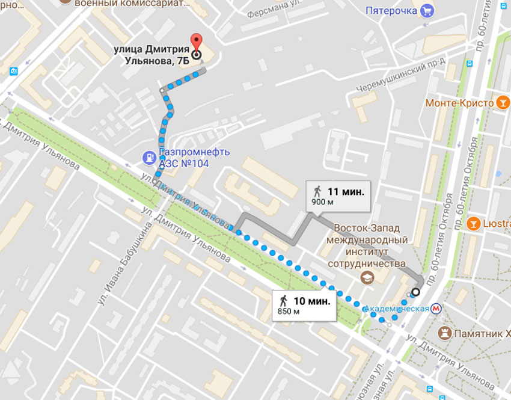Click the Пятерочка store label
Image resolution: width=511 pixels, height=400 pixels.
coord(391,10)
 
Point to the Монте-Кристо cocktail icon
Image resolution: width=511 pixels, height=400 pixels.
coord(500,102)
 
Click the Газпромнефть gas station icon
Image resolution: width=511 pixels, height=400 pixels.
coord(148,158)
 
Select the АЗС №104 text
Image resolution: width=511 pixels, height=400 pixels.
coord(184,164)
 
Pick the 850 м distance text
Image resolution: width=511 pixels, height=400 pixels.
coord(289,312)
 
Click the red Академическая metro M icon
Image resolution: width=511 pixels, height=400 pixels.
coord(439,309)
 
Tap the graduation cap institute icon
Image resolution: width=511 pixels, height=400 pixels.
coord(365,278)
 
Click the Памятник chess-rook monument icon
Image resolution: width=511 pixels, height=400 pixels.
coord(445,332)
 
